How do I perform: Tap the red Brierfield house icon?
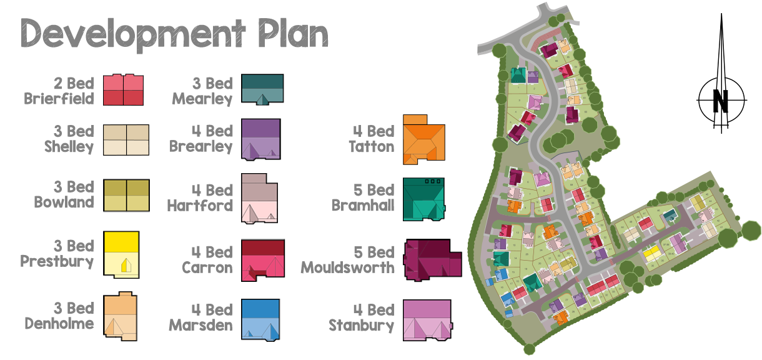[x=124, y=89]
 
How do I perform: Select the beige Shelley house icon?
[x=127, y=139]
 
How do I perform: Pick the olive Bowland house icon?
[x=127, y=196]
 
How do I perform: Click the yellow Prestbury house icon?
[x=122, y=255]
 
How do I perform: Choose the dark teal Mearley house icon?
[x=263, y=89]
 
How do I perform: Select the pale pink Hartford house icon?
[x=259, y=199]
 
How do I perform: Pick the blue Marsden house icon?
[x=260, y=319]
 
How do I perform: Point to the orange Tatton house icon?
[x=424, y=141]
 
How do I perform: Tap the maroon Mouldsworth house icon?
[x=432, y=259]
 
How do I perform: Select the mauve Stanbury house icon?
[x=427, y=320]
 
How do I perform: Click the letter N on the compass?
[x=721, y=101]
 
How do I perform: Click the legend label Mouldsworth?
[x=348, y=267]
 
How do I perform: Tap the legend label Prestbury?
[x=57, y=261]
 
